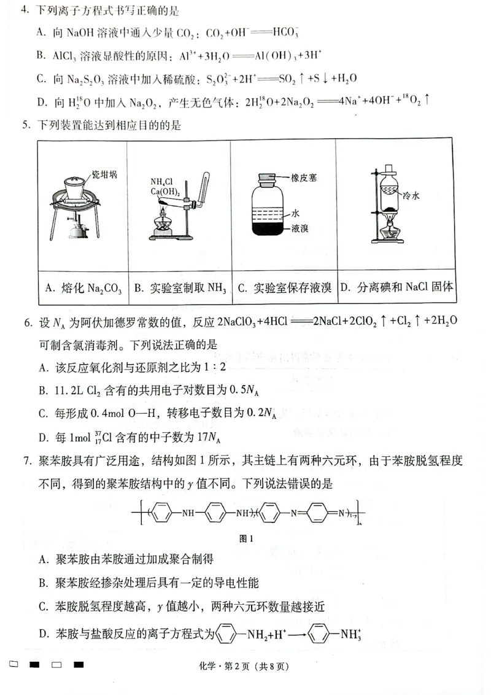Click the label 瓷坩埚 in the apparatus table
(104, 174)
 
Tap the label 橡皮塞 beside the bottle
(304, 177)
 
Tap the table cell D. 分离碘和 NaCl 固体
(397, 287)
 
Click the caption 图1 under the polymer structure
(246, 538)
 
